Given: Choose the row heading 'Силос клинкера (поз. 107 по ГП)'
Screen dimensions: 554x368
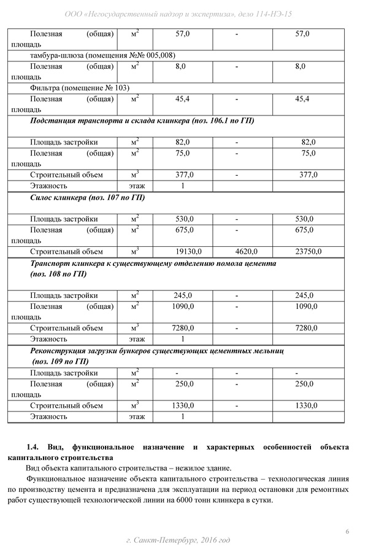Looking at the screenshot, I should (87, 198).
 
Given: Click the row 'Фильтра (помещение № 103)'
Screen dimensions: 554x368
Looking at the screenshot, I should (80, 88).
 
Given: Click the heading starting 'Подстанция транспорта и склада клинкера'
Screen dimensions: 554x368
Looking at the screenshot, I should (142, 120).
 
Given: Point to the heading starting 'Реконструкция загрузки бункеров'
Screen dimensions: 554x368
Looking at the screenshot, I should (156, 351).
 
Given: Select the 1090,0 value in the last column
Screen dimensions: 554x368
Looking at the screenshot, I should (306, 306).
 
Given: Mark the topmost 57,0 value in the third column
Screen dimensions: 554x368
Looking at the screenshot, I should (182, 33).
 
